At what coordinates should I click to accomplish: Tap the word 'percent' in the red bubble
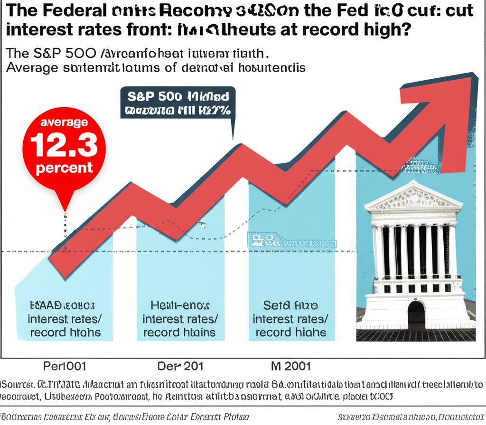pyautogui.click(x=64, y=168)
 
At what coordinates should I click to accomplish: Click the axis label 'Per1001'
pyautogui.click(x=65, y=366)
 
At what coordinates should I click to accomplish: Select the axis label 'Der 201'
pyautogui.click(x=180, y=366)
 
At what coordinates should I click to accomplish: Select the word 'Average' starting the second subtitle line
pyautogui.click(x=32, y=68)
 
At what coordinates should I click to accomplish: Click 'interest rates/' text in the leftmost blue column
pyautogui.click(x=65, y=318)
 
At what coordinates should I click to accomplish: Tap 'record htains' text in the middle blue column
pyautogui.click(x=179, y=332)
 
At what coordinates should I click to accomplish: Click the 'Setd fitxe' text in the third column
pyautogui.click(x=290, y=305)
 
